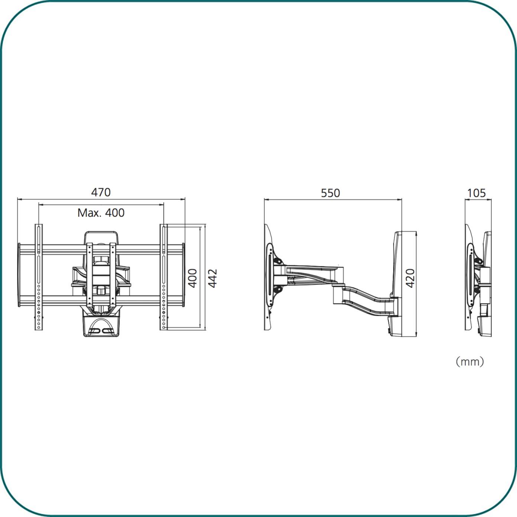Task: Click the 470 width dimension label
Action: [x=101, y=192]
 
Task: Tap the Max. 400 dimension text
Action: [x=101, y=213]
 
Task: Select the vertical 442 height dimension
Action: [x=213, y=278]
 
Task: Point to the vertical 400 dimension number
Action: [x=192, y=278]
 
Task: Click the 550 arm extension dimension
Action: [x=331, y=193]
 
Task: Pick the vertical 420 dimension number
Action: [x=410, y=278]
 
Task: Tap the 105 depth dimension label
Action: [x=477, y=193]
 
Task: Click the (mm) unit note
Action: [x=470, y=362]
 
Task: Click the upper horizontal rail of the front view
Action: [x=101, y=250]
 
